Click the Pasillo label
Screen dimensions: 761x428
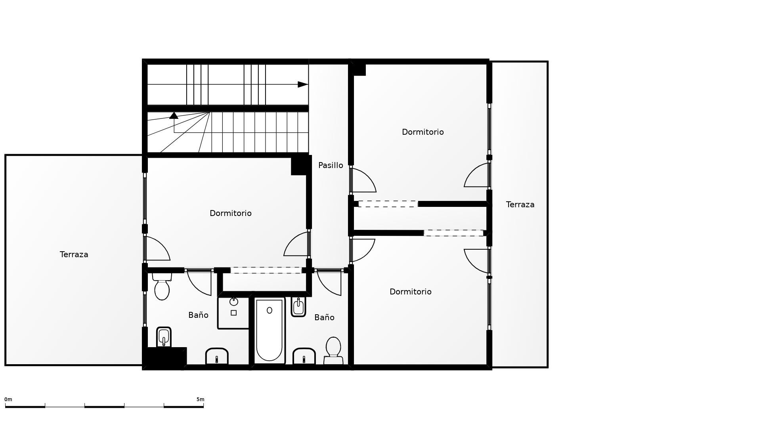coord(331,165)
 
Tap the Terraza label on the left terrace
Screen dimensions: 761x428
coord(74,254)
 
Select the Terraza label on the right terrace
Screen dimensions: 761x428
coord(520,204)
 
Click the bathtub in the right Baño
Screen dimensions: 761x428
coord(270,331)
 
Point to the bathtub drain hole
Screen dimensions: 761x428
coord(270,310)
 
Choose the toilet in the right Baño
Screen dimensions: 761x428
coord(333,350)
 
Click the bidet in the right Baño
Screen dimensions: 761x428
coord(298,307)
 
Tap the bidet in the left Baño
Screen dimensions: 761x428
coord(164,337)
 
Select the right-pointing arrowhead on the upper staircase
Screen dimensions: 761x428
coord(303,84)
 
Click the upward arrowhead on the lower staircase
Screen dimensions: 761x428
coord(174,115)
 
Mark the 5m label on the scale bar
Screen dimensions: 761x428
coord(201,399)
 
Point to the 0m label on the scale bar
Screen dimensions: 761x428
coord(8,399)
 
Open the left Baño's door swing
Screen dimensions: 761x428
coord(199,283)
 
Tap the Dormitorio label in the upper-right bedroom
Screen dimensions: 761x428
coord(423,132)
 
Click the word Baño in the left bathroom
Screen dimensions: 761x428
coord(198,315)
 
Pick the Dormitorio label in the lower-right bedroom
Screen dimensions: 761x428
coord(411,292)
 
